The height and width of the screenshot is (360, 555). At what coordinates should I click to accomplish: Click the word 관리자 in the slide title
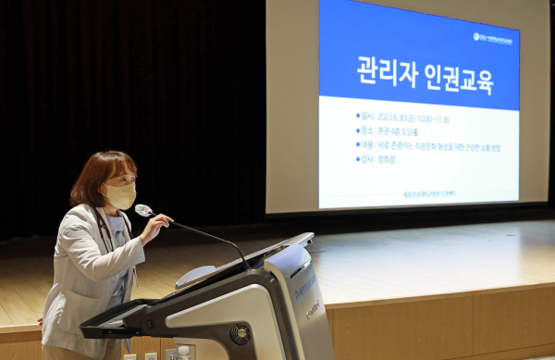[385, 72]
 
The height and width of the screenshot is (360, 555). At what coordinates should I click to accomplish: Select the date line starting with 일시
[403, 119]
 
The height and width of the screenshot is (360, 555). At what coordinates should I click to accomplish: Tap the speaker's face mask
[121, 196]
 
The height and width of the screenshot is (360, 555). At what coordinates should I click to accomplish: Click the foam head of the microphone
[143, 211]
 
